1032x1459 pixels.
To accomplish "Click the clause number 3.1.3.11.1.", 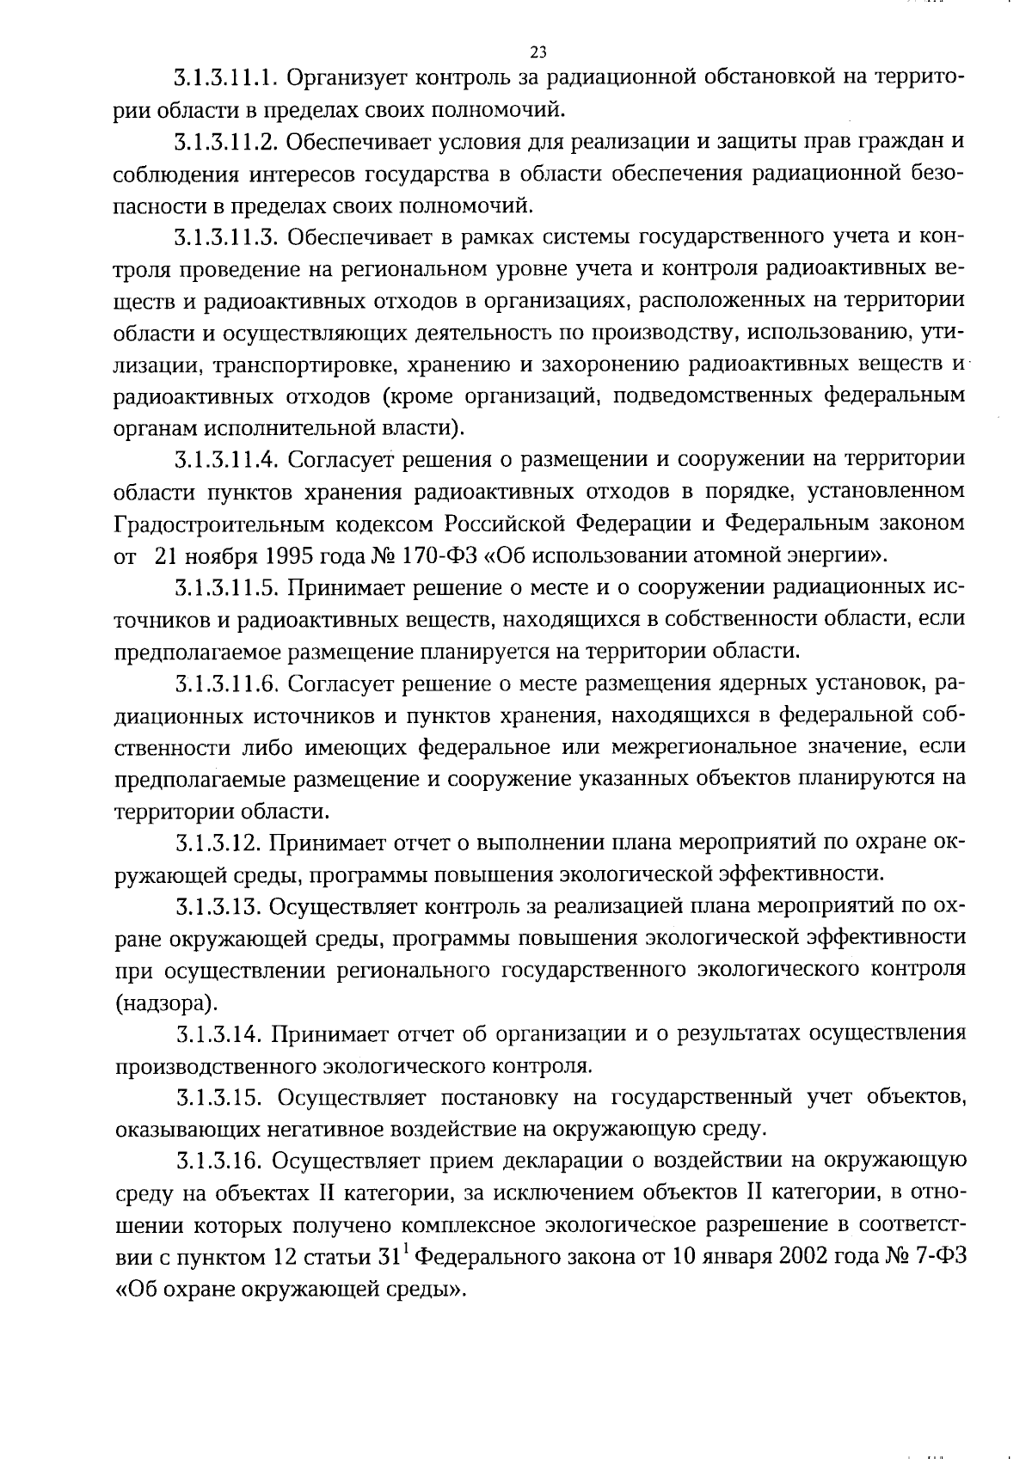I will [x=224, y=78].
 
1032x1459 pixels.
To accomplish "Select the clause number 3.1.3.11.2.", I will [x=224, y=142].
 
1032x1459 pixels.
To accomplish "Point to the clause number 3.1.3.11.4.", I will [x=226, y=460].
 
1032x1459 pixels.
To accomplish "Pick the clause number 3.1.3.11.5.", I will [x=225, y=588].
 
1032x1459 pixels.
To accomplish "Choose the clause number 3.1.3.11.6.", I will [x=225, y=684].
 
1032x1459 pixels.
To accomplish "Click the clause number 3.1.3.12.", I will [x=218, y=843].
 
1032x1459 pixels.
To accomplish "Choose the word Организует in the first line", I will [x=345, y=78].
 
